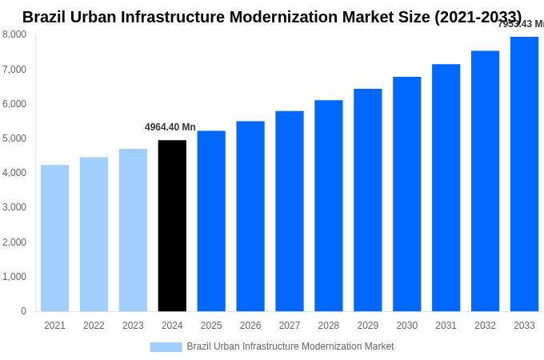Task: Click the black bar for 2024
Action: [x=172, y=226]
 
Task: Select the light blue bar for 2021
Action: [x=54, y=238]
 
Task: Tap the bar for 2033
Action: [x=524, y=174]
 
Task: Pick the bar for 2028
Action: [x=328, y=206]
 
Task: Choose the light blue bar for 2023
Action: [x=133, y=230]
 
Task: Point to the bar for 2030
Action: [x=406, y=194]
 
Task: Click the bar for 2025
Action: [x=211, y=221]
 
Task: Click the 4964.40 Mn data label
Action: [x=170, y=127]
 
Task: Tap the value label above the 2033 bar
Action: [x=521, y=24]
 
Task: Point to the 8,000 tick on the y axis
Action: [x=14, y=34]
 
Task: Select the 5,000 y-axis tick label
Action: [x=14, y=138]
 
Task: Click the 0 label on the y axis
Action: [x=23, y=311]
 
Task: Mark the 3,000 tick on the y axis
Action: [x=14, y=207]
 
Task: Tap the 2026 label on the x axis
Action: [x=250, y=326]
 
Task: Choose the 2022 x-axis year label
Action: [x=94, y=326]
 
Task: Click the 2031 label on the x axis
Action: [x=446, y=326]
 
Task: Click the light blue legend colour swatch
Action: [x=166, y=347]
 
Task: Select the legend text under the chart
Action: [x=290, y=346]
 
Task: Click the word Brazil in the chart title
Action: [x=46, y=17]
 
